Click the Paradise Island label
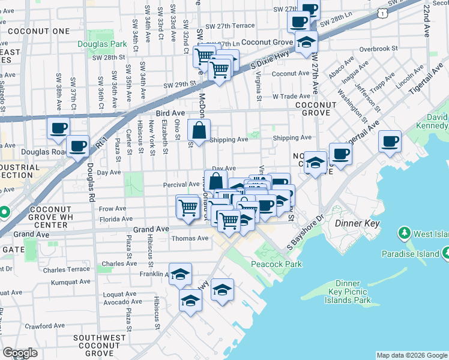point(412,254)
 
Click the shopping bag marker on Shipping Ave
point(199,130)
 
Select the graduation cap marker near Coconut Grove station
point(306,43)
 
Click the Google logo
point(20,353)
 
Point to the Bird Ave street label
point(168,113)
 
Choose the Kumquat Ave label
point(71,281)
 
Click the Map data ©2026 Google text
point(412,355)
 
